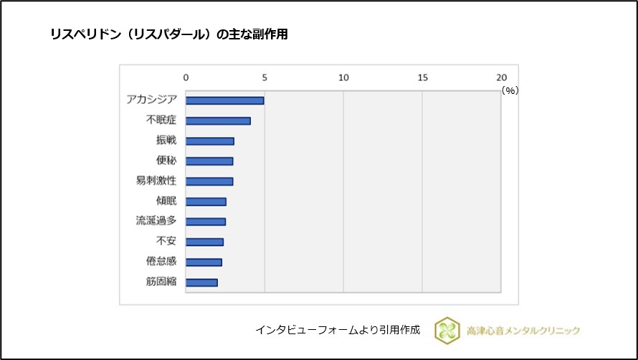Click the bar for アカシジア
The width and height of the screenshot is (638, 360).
pos(225,100)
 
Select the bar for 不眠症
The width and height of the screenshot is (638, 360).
pos(219,120)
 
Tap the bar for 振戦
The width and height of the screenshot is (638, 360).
pos(210,141)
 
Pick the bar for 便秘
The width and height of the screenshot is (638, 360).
pos(209,161)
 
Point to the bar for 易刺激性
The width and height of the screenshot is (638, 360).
pos(209,181)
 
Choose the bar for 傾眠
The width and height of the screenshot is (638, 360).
pos(206,202)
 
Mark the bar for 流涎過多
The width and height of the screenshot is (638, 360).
pos(206,222)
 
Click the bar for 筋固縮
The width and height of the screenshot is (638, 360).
pos(201,283)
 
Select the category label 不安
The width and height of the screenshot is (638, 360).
pos(166,242)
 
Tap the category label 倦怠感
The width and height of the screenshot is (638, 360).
pos(161,262)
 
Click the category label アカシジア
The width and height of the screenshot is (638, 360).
pos(151,100)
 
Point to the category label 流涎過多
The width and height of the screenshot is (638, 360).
pos(156,221)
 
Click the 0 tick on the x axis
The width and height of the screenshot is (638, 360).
pos(186,77)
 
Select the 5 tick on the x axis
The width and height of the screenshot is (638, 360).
pos(265,77)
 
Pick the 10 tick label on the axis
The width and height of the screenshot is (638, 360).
pos(343,77)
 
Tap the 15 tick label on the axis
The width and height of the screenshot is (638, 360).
pos(422,77)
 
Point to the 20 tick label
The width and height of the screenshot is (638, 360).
pos(500,77)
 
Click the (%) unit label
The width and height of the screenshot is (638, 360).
pos(510,90)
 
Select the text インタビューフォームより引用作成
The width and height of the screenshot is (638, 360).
pos(338,330)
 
